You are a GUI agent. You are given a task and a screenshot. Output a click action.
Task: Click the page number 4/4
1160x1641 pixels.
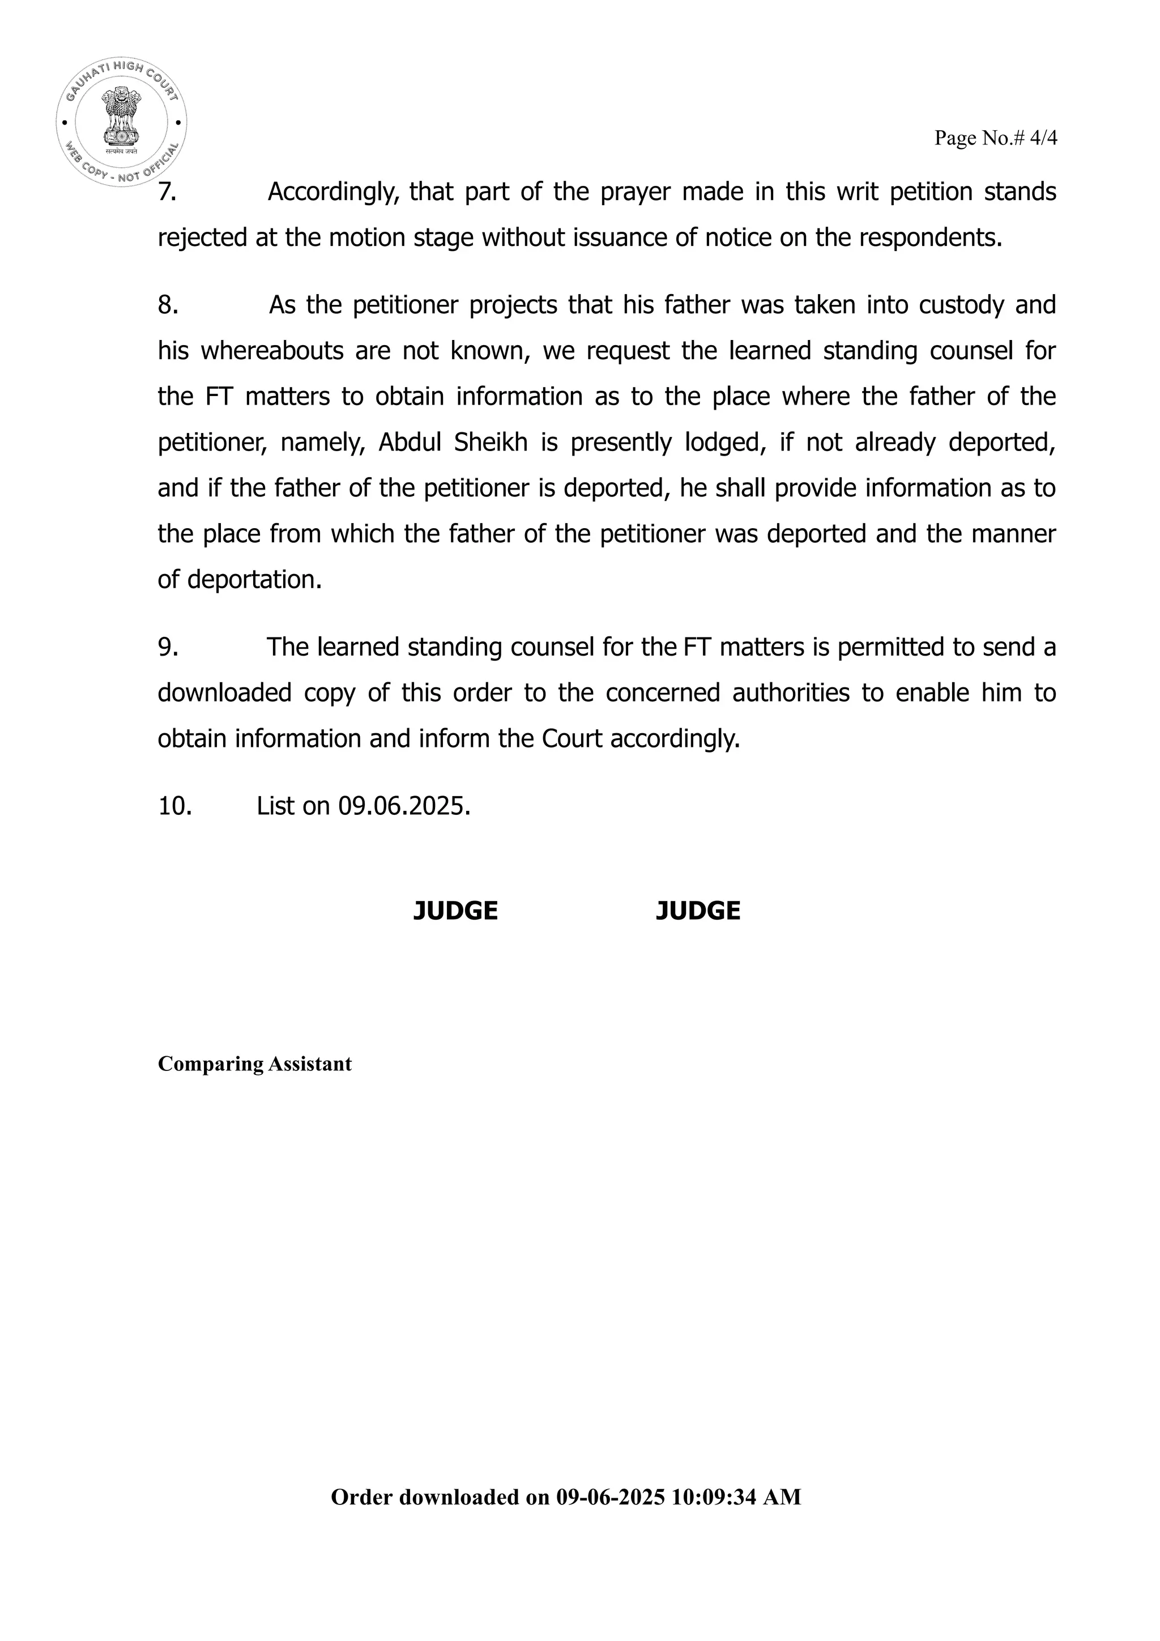point(1043,138)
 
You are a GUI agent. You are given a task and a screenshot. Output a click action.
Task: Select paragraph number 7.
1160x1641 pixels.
point(167,192)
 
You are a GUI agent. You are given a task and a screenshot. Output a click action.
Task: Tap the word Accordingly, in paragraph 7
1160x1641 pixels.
point(333,192)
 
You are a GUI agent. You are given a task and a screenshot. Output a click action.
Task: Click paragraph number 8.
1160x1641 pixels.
point(168,305)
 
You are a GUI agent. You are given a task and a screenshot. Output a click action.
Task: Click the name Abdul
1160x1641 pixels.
point(410,443)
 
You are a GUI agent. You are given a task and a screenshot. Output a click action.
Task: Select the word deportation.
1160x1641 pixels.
point(254,579)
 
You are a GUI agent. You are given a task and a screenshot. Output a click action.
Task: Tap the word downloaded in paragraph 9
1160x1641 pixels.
point(224,692)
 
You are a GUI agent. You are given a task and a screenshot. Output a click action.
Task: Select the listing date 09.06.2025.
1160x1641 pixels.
point(404,806)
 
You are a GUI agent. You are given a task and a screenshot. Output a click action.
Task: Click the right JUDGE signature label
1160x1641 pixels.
point(698,911)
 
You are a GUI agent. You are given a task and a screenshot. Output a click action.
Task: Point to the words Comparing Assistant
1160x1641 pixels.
point(254,1064)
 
